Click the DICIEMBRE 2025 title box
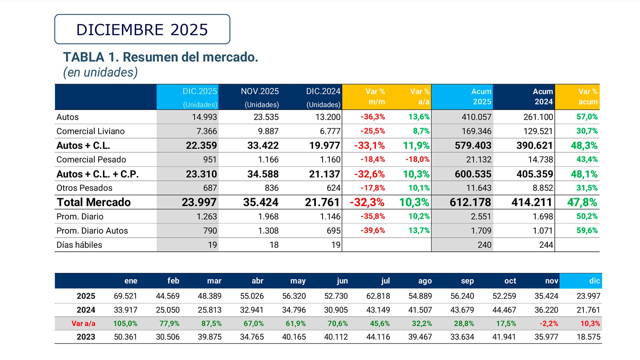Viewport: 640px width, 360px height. (x=142, y=29)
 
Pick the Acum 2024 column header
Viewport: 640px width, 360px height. (x=543, y=97)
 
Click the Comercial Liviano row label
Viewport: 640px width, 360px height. (x=90, y=131)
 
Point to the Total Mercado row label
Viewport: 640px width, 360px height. (x=94, y=202)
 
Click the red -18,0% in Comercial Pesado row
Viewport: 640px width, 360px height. (x=417, y=160)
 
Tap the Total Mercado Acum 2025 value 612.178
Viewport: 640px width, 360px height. (x=470, y=202)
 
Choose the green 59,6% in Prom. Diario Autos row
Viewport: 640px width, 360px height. (x=587, y=231)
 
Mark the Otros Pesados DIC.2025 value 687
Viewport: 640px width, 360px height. (x=210, y=188)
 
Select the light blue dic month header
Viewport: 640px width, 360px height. (x=594, y=281)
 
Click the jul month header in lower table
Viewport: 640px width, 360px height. (x=385, y=281)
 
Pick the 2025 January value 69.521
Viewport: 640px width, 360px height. (x=125, y=296)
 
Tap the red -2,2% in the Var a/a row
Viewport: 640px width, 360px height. (x=549, y=324)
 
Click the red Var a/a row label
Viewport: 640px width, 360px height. (x=83, y=324)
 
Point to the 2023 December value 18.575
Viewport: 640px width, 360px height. (x=588, y=337)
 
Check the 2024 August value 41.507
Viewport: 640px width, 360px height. (x=420, y=310)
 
